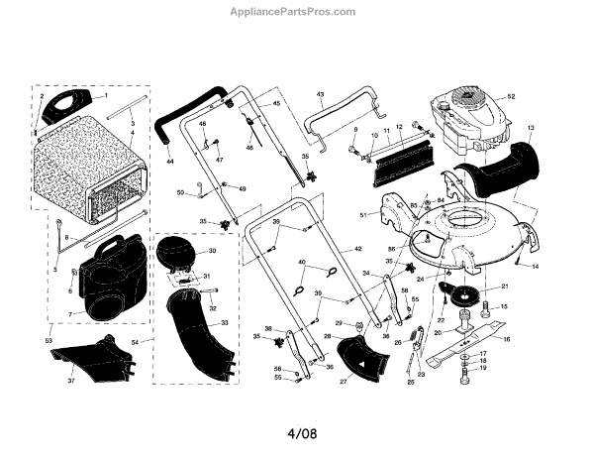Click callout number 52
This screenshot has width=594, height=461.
click(x=512, y=96)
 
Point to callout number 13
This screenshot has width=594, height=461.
click(x=530, y=128)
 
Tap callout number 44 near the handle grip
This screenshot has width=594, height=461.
click(x=169, y=161)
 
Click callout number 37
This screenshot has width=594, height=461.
click(x=70, y=382)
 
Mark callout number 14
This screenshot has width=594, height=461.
click(x=536, y=267)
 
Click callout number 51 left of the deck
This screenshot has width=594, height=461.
click(x=363, y=214)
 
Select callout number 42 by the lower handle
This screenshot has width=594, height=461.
click(x=358, y=248)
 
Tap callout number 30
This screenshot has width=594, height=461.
click(x=211, y=251)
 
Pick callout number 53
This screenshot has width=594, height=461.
click(x=49, y=340)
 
